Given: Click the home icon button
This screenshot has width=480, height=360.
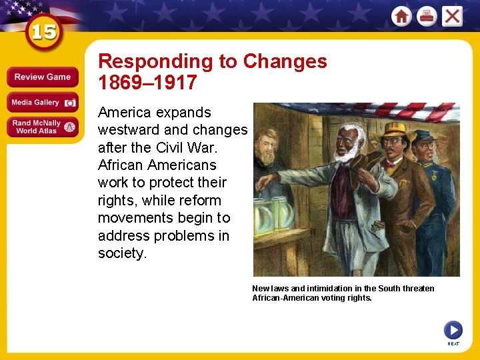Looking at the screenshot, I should tap(401, 16).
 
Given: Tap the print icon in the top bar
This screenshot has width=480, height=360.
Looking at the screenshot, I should tap(427, 16).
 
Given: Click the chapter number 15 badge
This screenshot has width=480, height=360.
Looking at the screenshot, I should tap(43, 33).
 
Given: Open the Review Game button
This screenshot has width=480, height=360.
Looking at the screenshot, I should tap(42, 77).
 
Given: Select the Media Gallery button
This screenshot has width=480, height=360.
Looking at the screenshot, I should tap(42, 103).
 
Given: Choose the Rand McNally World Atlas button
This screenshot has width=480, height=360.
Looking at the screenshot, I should tap(42, 127).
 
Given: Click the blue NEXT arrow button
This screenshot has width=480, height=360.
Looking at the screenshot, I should tap(453, 330).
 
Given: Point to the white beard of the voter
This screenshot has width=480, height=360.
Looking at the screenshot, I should tap(346, 154).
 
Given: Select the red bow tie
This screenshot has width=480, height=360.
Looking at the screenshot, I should tap(388, 163).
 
